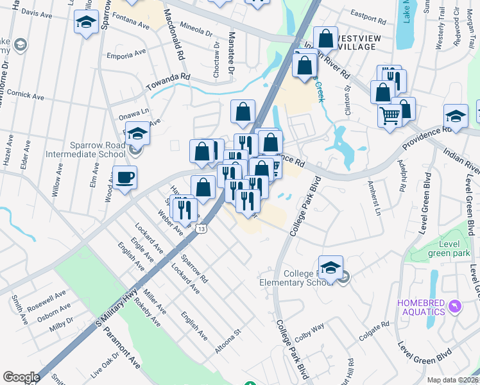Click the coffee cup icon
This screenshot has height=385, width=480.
pos(124,176)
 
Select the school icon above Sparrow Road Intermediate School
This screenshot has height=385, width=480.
pos(137,133)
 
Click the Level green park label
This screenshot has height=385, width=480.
pos(450,248)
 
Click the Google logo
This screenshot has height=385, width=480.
pos(21,377)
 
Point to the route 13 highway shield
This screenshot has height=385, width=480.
pos(202,229)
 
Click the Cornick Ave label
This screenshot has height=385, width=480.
pos(26,95)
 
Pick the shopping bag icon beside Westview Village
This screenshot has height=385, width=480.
pos(325,38)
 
